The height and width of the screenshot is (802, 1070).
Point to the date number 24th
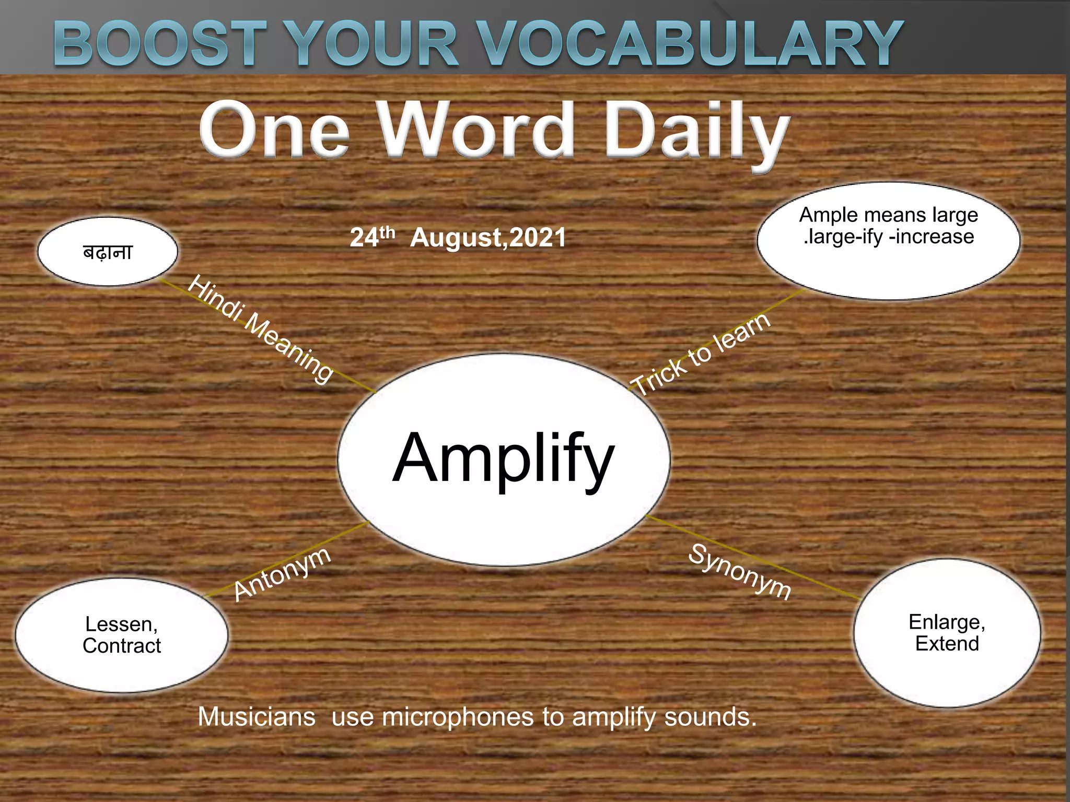372,237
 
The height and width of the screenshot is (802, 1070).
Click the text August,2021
488,238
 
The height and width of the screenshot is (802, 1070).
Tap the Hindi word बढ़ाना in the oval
108,253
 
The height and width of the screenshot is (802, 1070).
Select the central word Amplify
503,458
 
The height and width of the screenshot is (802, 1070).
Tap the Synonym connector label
740,571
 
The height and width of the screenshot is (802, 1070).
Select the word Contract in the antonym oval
122,646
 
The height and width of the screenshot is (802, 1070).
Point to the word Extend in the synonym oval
947,644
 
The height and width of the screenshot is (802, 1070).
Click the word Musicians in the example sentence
257,717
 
